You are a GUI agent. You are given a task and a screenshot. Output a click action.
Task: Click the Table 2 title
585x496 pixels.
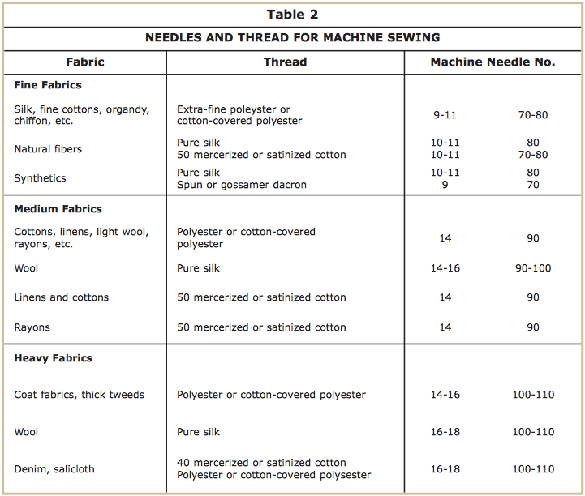click(292, 15)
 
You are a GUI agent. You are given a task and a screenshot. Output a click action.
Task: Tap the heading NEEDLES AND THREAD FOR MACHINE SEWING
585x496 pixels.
click(292, 38)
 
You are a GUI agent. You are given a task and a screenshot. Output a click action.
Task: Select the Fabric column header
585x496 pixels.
click(85, 62)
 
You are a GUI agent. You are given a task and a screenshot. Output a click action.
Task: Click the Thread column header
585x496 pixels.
click(284, 62)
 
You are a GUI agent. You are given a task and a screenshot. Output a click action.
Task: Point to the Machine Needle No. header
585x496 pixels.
click(493, 62)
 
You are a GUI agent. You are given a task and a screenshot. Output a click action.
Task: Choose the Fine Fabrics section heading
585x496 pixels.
click(48, 85)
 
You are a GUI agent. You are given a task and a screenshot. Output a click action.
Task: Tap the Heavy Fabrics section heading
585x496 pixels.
click(54, 358)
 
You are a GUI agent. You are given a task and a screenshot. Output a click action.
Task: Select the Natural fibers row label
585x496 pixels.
click(48, 149)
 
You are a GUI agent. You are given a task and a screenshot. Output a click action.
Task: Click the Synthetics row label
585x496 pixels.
click(41, 178)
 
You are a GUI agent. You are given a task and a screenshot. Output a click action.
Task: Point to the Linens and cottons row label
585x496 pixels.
click(62, 297)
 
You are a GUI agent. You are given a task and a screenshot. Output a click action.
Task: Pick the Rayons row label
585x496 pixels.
click(32, 327)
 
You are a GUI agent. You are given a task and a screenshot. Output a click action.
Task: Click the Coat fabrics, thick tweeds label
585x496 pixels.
click(80, 395)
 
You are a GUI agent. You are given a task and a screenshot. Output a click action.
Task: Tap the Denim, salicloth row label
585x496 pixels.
click(55, 468)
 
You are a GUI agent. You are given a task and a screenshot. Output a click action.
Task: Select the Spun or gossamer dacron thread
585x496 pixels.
click(242, 185)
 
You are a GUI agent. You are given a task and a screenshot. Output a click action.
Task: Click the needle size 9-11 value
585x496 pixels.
click(445, 115)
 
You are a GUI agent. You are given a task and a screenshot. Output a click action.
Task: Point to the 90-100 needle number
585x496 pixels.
click(532, 268)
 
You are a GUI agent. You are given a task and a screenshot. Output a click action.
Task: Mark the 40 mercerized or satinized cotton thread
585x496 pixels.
click(261, 463)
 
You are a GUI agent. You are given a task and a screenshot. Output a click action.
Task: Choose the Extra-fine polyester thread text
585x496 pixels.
click(234, 109)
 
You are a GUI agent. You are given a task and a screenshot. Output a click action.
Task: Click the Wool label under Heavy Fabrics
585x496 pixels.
click(27, 432)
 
